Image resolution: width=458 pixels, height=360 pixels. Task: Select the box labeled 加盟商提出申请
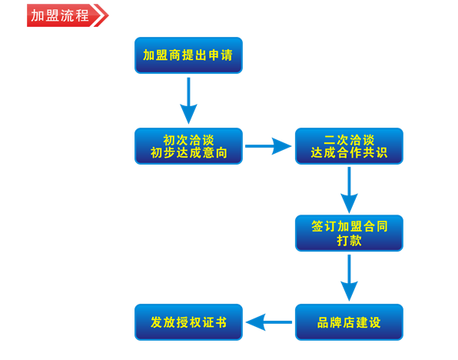click(x=188, y=55)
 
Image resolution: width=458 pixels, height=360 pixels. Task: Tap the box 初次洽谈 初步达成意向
click(x=188, y=146)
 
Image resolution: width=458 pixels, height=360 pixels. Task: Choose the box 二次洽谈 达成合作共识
click(x=349, y=146)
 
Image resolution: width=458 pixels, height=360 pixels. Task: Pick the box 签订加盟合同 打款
click(x=349, y=233)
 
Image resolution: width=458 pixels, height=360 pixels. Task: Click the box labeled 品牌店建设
click(x=349, y=322)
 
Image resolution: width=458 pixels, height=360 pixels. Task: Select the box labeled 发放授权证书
click(x=188, y=322)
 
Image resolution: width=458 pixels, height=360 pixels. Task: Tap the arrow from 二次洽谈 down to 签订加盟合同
click(x=349, y=190)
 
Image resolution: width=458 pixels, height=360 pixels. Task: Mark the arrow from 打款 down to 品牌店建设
click(x=349, y=278)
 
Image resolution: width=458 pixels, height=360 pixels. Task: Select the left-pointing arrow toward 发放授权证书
click(x=268, y=322)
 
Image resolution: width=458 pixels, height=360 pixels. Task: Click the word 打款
click(x=349, y=241)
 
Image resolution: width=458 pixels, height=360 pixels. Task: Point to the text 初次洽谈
click(x=188, y=139)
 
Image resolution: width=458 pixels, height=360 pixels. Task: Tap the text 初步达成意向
click(x=188, y=154)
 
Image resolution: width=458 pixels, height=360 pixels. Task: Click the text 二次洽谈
click(x=349, y=139)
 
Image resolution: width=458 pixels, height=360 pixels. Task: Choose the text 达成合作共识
click(x=349, y=154)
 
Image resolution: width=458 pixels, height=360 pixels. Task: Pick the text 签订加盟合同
click(x=349, y=226)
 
